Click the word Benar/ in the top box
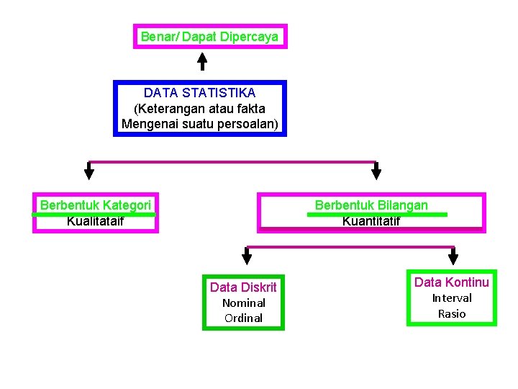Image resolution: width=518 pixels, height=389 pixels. click(160, 36)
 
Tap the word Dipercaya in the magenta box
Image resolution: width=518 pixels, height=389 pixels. click(250, 36)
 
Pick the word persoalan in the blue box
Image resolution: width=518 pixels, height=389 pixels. click(248, 124)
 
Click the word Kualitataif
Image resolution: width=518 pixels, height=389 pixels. click(95, 221)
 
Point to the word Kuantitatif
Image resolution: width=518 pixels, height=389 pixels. click(371, 221)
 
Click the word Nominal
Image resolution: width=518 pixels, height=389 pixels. click(244, 303)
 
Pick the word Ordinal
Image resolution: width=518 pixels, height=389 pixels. click(244, 318)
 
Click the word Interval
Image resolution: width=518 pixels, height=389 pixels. click(452, 298)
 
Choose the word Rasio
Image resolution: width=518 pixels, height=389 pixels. click(452, 314)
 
